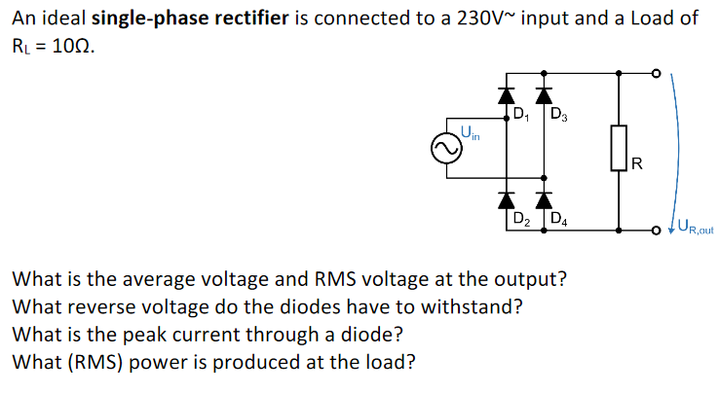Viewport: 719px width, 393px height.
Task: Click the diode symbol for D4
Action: coord(544,200)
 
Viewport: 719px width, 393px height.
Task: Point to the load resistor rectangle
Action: coord(619,149)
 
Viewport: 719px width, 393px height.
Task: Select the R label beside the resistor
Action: coord(636,162)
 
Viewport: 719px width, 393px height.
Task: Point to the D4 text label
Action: coord(559,219)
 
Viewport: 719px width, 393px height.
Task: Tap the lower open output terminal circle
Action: coord(657,231)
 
